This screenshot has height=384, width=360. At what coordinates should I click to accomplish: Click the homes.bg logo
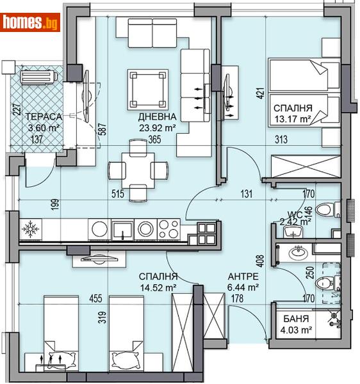(x=30, y=22)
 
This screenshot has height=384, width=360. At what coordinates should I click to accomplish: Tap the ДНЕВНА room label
(x=157, y=117)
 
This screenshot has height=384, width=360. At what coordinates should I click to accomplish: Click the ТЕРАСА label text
(x=44, y=117)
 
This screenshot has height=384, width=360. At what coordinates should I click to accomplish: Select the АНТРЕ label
(x=243, y=276)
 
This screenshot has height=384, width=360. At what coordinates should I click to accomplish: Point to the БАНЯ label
(x=296, y=319)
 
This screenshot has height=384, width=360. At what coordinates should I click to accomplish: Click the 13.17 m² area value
(x=293, y=119)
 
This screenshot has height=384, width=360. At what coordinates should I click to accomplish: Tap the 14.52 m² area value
(x=158, y=287)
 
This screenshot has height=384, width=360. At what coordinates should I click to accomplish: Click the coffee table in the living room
(x=148, y=90)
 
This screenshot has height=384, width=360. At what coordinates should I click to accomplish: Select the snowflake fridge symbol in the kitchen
(x=30, y=230)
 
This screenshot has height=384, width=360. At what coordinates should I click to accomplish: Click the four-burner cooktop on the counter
(x=168, y=230)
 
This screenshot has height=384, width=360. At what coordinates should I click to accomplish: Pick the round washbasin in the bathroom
(x=299, y=253)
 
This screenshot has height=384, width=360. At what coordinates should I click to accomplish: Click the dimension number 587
(x=103, y=129)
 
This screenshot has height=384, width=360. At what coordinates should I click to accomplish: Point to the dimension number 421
(x=261, y=93)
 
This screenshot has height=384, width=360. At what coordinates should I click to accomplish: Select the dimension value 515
(x=118, y=194)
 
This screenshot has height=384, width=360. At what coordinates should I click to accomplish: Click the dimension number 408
(x=260, y=261)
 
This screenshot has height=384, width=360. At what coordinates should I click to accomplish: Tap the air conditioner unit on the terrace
(x=39, y=77)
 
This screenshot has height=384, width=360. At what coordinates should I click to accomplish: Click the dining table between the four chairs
(x=138, y=170)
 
